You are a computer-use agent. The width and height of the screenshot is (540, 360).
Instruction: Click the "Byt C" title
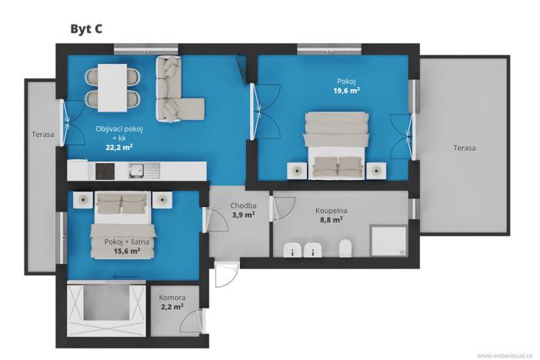click(86, 29)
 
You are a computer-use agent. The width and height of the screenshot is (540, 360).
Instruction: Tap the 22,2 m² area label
click(118, 147)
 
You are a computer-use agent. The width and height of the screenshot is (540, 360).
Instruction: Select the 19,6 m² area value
click(346, 91)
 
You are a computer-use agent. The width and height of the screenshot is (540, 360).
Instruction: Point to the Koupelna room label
click(332, 211)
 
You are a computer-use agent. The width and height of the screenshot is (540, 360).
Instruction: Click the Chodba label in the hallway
click(243, 205)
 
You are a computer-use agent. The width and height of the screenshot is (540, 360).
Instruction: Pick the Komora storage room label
click(172, 297)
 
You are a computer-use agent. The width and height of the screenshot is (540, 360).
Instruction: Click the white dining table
click(112, 88)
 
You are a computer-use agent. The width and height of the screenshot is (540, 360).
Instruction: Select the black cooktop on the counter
click(105, 171)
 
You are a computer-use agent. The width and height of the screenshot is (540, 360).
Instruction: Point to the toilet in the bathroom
click(345, 248)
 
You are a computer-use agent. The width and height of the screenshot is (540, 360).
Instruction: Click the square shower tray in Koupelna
click(388, 241)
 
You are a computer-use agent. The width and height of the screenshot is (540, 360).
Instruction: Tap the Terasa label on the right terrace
click(465, 148)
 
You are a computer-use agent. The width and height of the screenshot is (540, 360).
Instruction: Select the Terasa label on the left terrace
click(43, 135)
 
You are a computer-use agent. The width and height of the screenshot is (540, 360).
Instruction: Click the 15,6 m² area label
click(127, 251)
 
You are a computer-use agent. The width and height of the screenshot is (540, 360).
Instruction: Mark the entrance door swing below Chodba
click(227, 275)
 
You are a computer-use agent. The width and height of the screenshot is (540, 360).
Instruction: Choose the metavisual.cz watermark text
click(505, 355)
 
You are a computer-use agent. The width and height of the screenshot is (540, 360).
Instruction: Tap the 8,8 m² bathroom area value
click(331, 219)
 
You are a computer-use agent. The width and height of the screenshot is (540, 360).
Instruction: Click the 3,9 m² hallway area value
click(243, 215)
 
